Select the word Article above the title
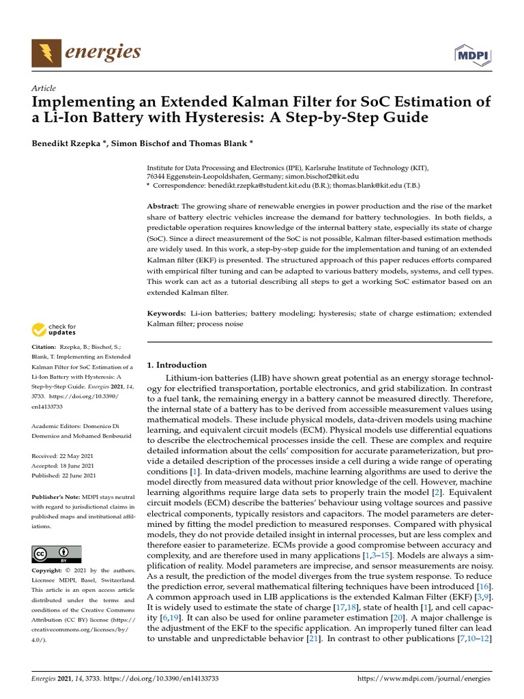44,88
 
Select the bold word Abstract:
164,206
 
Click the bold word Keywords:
167,313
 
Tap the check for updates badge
55,330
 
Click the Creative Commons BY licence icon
56,554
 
